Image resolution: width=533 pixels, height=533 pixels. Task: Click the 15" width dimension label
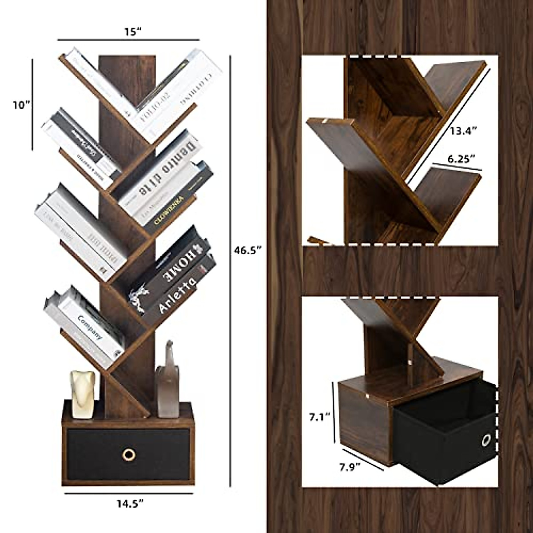(132, 32)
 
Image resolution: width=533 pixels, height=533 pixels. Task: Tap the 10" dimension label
(21, 105)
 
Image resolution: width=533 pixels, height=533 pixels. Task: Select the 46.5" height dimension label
(247, 251)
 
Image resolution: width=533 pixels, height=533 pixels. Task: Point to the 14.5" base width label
(130, 503)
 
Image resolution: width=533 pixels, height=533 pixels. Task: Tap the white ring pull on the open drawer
(486, 441)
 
